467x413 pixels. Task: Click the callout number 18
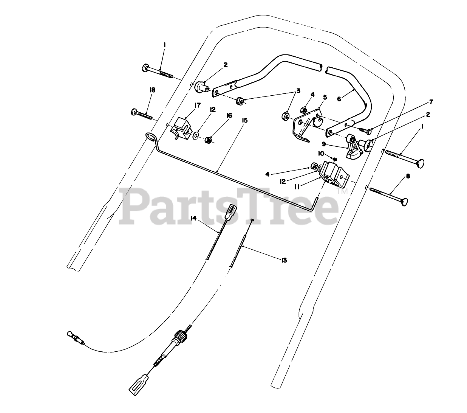click(153, 90)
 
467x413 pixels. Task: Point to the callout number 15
click(244, 120)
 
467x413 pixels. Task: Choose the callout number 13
click(284, 260)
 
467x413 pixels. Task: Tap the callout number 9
click(324, 144)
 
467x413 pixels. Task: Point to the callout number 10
click(321, 154)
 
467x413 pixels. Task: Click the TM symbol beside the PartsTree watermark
click(344, 193)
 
